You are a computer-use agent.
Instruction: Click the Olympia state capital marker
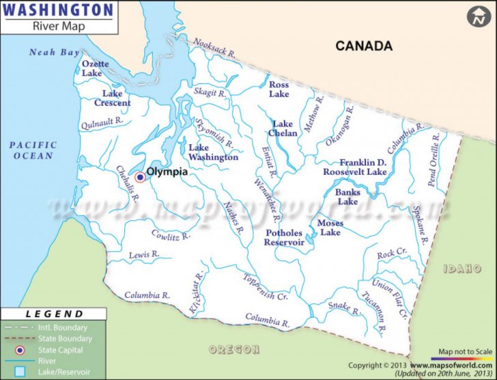140,177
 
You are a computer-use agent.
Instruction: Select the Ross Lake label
279,90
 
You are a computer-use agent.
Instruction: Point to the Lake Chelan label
285,128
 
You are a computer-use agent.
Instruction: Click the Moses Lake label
330,228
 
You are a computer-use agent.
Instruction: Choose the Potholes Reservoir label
285,237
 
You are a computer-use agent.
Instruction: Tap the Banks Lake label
347,197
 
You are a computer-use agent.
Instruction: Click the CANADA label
363,46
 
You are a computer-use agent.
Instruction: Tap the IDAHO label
462,269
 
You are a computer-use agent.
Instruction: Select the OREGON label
234,349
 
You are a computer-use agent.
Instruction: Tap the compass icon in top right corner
478,16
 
